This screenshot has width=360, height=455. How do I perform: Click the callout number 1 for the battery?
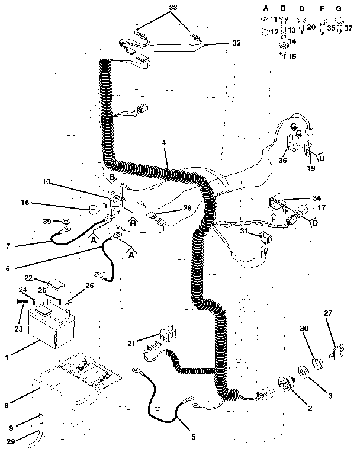tap(7, 357)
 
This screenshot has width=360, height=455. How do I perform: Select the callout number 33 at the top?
tap(172, 7)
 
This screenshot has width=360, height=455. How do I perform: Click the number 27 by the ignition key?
tap(329, 313)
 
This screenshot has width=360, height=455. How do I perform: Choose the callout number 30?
tap(304, 329)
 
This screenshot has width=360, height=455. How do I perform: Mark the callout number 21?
tap(131, 343)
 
